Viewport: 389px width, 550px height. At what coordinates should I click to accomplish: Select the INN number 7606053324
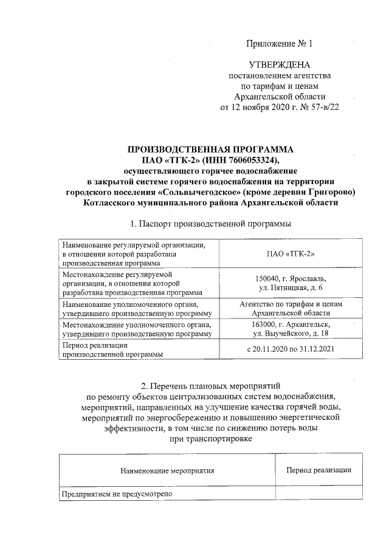click(250, 160)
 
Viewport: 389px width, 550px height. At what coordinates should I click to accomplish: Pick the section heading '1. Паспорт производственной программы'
click(210, 224)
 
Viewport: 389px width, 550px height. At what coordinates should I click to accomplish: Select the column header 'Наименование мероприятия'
click(167, 470)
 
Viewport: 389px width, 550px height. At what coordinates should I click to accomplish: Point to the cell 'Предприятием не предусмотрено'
click(116, 494)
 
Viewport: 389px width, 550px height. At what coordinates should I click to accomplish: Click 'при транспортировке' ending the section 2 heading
click(209, 439)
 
